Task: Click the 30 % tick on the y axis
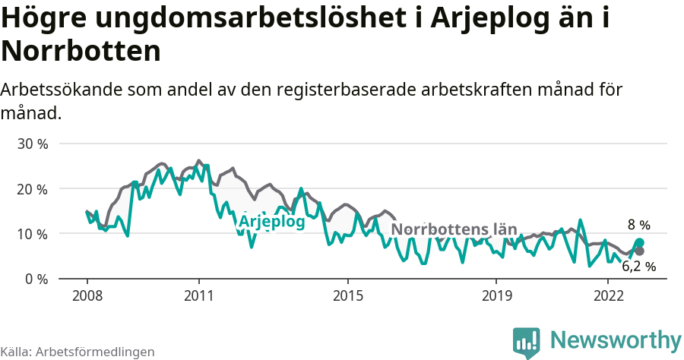coord(32,144)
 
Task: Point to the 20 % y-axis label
coord(32,188)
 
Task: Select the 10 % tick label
coord(32,234)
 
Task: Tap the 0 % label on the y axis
coord(36,279)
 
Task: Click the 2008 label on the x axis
coord(87,295)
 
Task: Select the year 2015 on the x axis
coord(347,295)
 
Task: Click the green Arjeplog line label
coord(271,222)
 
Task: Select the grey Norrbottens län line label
coord(454,229)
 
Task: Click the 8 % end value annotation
coord(638,225)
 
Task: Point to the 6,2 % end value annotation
coord(638,267)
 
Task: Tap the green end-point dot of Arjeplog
coord(639,242)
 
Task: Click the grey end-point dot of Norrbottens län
coord(639,251)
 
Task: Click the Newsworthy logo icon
coord(527,341)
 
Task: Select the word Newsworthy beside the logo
coord(616,339)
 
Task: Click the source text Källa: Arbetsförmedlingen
coord(78,352)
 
